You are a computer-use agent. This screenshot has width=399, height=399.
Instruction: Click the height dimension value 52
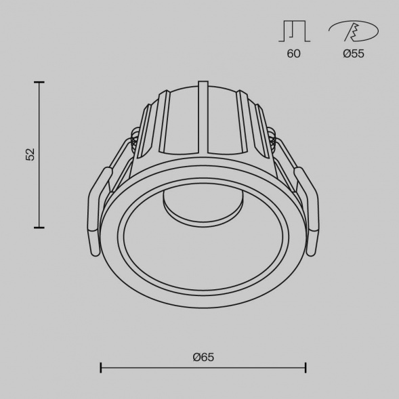point(30,154)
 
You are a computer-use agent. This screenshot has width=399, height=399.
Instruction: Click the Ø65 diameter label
point(203,357)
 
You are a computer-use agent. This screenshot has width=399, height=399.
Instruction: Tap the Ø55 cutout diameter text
point(353,54)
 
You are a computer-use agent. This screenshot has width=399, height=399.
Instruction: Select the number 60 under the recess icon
point(293,54)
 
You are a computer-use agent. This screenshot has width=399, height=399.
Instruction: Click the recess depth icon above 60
point(294,31)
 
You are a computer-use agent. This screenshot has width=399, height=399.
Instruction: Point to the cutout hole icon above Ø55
point(353,31)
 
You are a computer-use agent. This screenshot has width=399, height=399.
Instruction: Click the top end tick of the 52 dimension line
point(39,83)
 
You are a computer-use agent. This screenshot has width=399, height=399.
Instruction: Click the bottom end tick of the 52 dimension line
point(39,227)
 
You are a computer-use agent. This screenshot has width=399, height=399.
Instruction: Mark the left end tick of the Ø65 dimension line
point(101,368)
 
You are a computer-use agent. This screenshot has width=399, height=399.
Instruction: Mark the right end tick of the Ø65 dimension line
point(306,368)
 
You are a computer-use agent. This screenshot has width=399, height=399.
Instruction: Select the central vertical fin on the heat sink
point(203,119)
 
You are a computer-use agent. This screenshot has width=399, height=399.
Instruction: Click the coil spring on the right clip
point(273,144)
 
